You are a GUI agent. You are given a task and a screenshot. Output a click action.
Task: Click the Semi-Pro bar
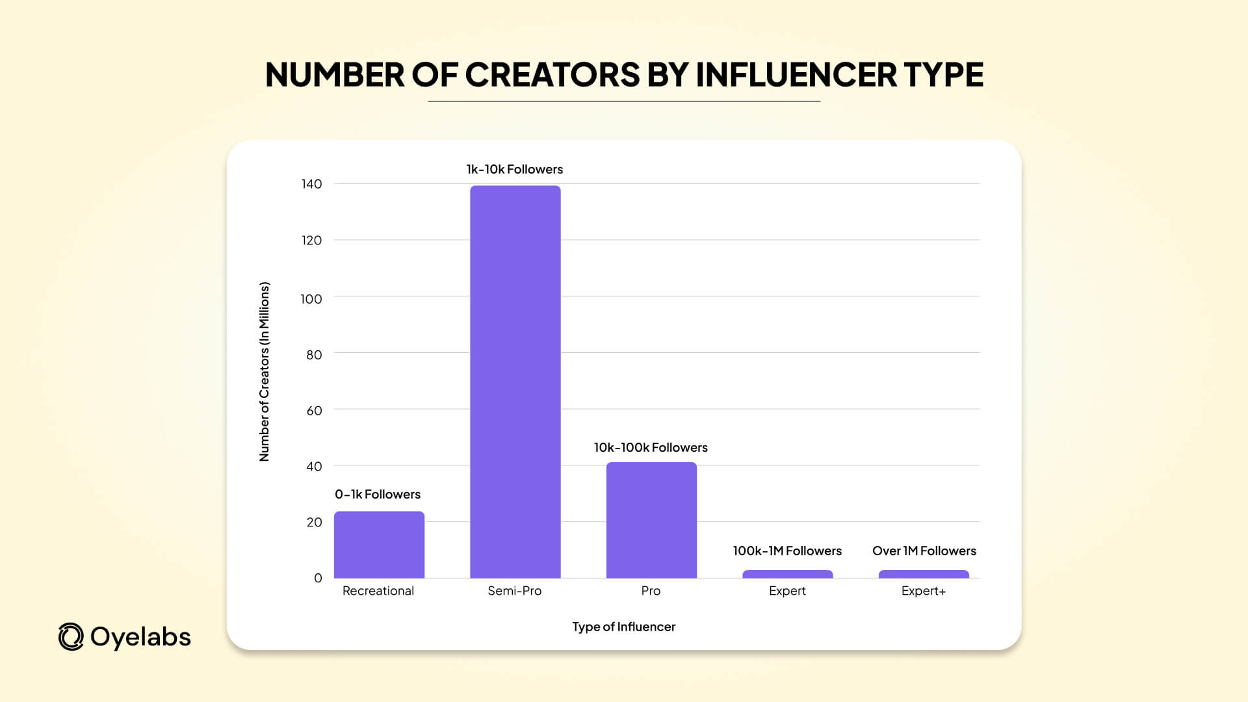(515, 382)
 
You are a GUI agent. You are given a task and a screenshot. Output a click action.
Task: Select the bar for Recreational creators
(379, 545)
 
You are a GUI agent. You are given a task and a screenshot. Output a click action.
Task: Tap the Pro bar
(651, 520)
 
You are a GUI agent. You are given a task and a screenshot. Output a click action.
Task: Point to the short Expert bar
(787, 574)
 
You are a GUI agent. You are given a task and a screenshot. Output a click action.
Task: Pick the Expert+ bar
(924, 574)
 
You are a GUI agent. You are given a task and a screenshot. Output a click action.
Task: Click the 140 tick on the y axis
(311, 184)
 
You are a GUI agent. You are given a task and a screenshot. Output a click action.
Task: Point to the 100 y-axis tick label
(311, 299)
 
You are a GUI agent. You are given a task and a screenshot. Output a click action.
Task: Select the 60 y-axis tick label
(314, 411)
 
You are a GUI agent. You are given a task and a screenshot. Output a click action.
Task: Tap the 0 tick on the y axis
(318, 578)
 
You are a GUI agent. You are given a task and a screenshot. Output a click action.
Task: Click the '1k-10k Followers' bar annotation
(514, 169)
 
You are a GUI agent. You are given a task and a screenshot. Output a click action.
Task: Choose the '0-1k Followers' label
(378, 494)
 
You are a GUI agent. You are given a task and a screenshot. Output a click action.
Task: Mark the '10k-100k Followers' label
(651, 447)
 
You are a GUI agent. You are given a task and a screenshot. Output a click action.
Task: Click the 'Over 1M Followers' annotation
(924, 551)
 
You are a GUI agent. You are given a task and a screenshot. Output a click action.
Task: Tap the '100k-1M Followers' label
(787, 551)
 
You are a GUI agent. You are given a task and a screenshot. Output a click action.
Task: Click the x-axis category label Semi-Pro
(514, 591)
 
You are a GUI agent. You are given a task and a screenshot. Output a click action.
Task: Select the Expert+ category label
(923, 591)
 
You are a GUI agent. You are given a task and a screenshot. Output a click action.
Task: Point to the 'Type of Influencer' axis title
(623, 627)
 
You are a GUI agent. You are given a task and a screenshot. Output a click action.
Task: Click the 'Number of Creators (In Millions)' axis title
(264, 372)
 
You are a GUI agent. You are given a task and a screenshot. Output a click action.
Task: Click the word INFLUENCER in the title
(796, 75)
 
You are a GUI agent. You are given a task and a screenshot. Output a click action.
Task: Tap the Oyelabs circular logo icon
(71, 637)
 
